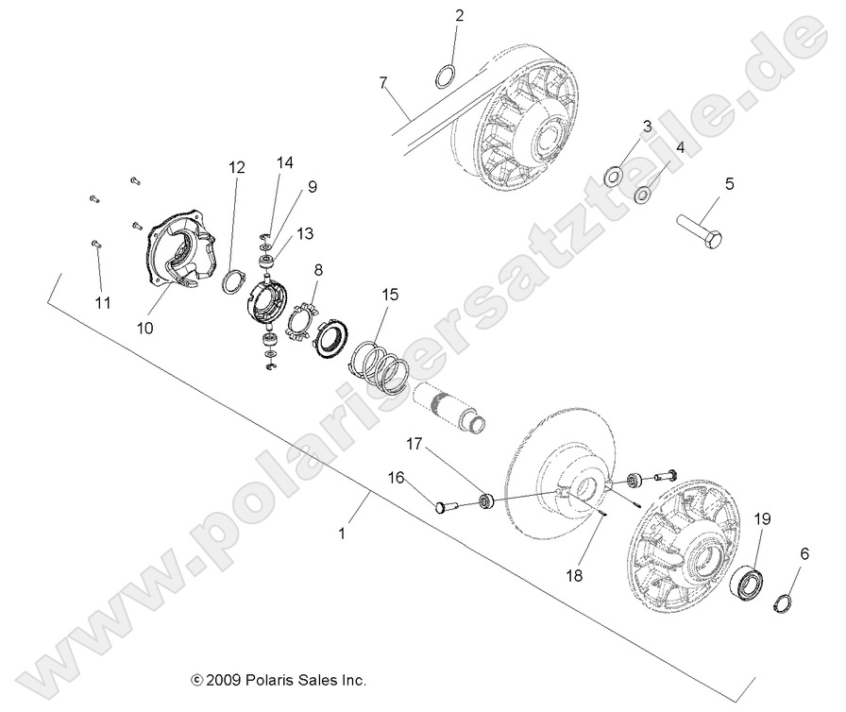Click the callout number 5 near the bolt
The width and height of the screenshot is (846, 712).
(728, 183)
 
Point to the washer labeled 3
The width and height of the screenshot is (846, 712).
(612, 175)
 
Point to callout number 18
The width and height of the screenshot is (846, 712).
(574, 573)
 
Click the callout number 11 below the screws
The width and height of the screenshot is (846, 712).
(102, 302)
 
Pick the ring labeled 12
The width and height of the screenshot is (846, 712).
(232, 280)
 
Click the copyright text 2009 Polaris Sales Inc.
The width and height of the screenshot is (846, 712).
(279, 679)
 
